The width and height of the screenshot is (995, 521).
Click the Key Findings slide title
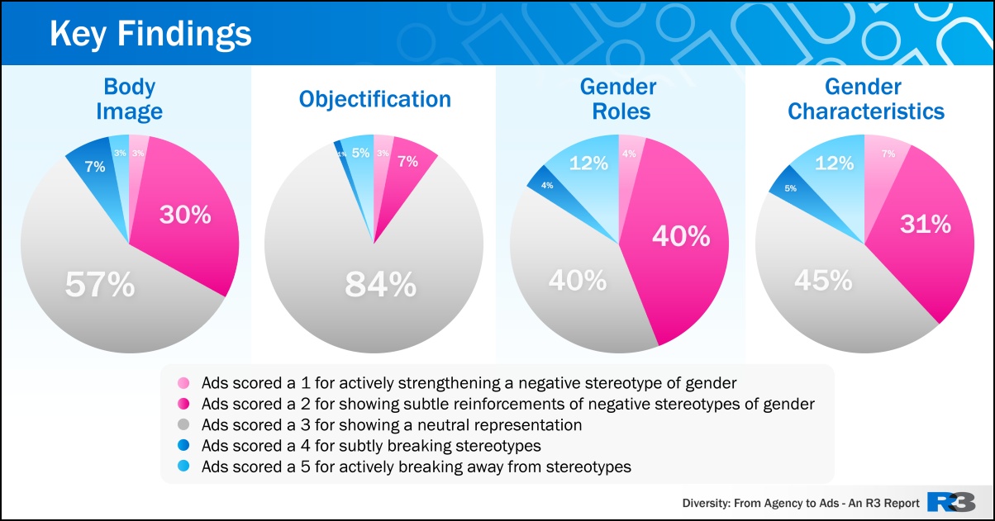(150, 35)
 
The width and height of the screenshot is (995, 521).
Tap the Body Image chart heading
(129, 99)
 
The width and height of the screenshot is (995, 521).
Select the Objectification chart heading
(375, 100)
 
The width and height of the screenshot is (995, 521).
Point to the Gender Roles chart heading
(618, 99)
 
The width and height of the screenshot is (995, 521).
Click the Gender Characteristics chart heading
(865, 99)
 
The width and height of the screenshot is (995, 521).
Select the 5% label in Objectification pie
(360, 153)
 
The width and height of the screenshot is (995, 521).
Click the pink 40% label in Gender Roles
(681, 236)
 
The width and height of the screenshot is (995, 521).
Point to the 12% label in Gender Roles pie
(589, 163)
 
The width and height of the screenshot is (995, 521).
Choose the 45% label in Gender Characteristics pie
(823, 281)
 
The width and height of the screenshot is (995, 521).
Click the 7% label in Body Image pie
(95, 166)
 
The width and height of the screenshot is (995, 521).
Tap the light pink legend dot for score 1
(183, 383)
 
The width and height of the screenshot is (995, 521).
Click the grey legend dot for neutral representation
(183, 425)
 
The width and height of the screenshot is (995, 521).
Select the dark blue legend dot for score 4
(183, 446)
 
